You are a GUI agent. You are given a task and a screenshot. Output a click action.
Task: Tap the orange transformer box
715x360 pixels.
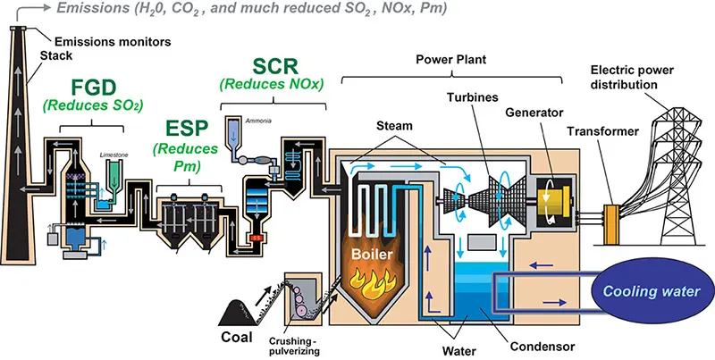pos(614,218)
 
